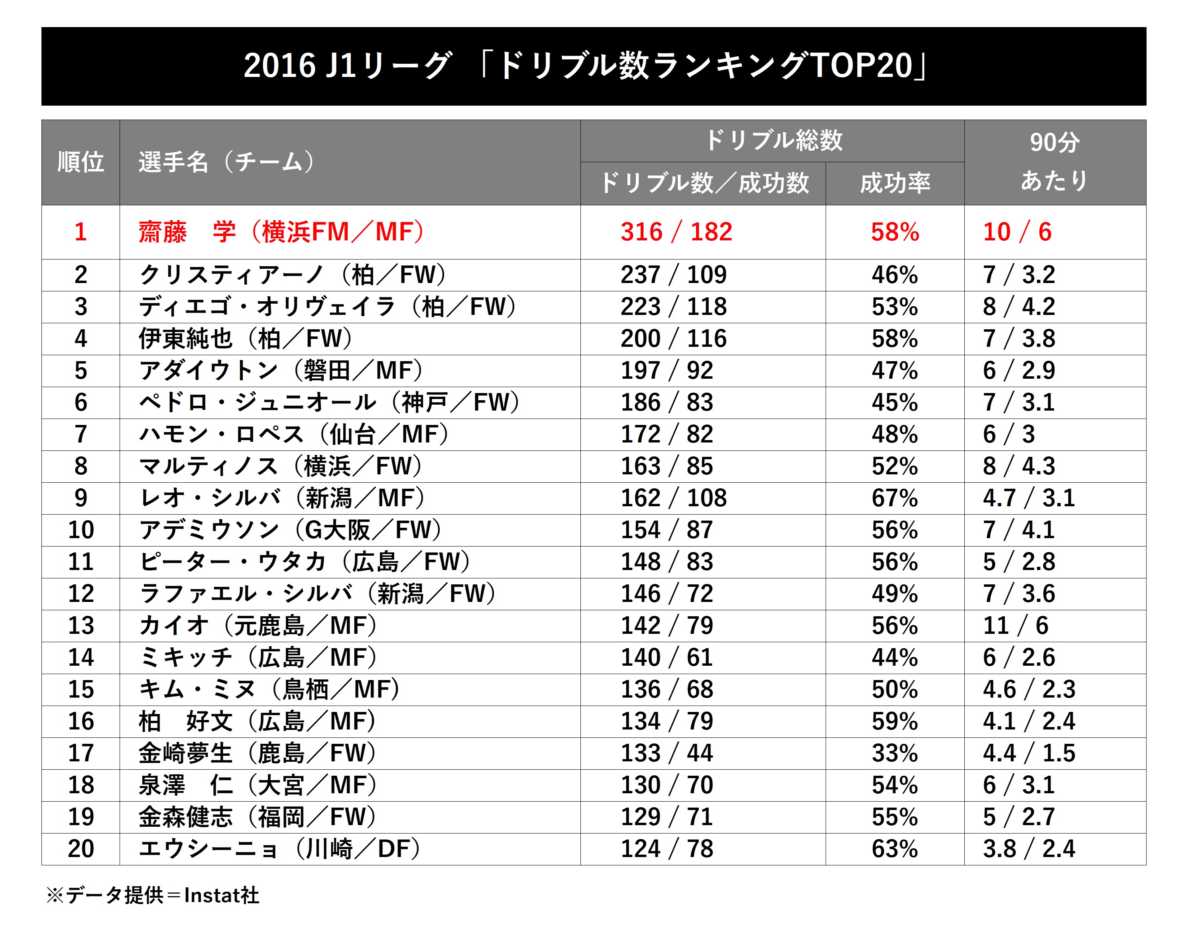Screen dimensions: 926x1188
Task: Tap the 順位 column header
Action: pyautogui.click(x=81, y=162)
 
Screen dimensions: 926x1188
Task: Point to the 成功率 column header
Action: pyautogui.click(x=895, y=183)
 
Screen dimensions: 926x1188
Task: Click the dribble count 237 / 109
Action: pyautogui.click(x=673, y=275)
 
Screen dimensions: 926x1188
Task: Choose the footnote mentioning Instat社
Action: pyautogui.click(x=153, y=895)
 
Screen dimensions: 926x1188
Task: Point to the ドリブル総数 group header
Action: pyautogui.click(x=773, y=140)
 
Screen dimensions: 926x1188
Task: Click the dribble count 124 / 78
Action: pyautogui.click(x=666, y=849)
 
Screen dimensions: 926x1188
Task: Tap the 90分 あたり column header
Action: pyautogui.click(x=1054, y=162)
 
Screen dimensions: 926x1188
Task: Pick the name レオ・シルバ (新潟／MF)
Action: pyautogui.click(x=282, y=498)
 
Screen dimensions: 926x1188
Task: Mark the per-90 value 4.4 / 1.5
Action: pyautogui.click(x=1029, y=753)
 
